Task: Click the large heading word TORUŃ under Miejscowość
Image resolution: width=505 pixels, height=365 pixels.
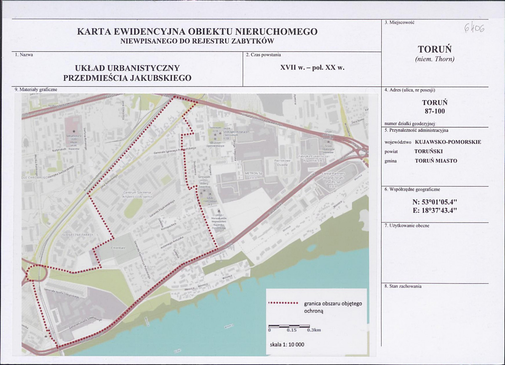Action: pyautogui.click(x=434, y=49)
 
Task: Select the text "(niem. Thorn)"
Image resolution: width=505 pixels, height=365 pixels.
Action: pyautogui.click(x=435, y=59)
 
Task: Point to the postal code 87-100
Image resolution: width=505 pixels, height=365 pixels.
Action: pyautogui.click(x=434, y=111)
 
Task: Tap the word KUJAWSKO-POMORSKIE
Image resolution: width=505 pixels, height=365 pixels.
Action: pyautogui.click(x=448, y=142)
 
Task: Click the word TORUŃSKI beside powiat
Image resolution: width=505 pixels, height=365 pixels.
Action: pyautogui.click(x=429, y=151)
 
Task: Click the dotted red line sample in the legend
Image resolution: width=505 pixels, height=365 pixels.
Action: pyautogui.click(x=283, y=303)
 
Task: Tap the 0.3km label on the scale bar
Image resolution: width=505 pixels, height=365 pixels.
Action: pyautogui.click(x=314, y=330)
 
